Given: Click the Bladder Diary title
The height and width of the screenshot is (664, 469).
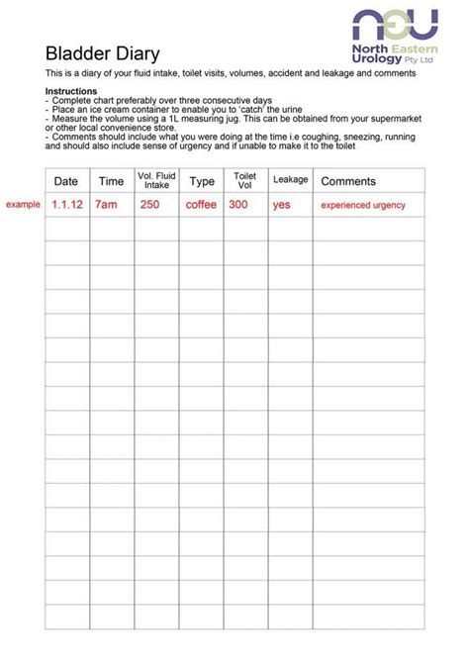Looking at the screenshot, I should point(102,53).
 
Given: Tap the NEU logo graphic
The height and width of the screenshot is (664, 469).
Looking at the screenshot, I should point(396,26).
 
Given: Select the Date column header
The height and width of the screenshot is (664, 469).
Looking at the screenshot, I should point(66,181).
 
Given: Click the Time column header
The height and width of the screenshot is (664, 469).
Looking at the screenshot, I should point(111,181).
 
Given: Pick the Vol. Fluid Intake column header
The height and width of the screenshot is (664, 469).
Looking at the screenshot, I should point(156,180).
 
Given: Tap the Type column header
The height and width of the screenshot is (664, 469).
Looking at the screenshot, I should point(202,181).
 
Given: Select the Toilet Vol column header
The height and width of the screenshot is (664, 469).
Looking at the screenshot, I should point(244,180).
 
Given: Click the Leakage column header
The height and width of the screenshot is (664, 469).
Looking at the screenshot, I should point(291,180).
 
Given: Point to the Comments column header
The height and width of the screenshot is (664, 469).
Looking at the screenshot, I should point(348,181).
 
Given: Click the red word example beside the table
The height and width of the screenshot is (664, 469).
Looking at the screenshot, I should point(23,204).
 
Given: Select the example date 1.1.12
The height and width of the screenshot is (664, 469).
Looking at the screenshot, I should point(66,205).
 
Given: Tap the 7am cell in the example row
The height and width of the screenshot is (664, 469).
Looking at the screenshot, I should point(106,205).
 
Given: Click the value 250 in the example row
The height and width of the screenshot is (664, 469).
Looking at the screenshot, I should point(149,205).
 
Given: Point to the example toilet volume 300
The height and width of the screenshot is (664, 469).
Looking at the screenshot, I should point(238,205).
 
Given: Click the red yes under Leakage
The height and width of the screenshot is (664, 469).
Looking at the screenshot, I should point(282,205).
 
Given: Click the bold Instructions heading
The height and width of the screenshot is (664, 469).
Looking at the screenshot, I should point(71,91).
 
